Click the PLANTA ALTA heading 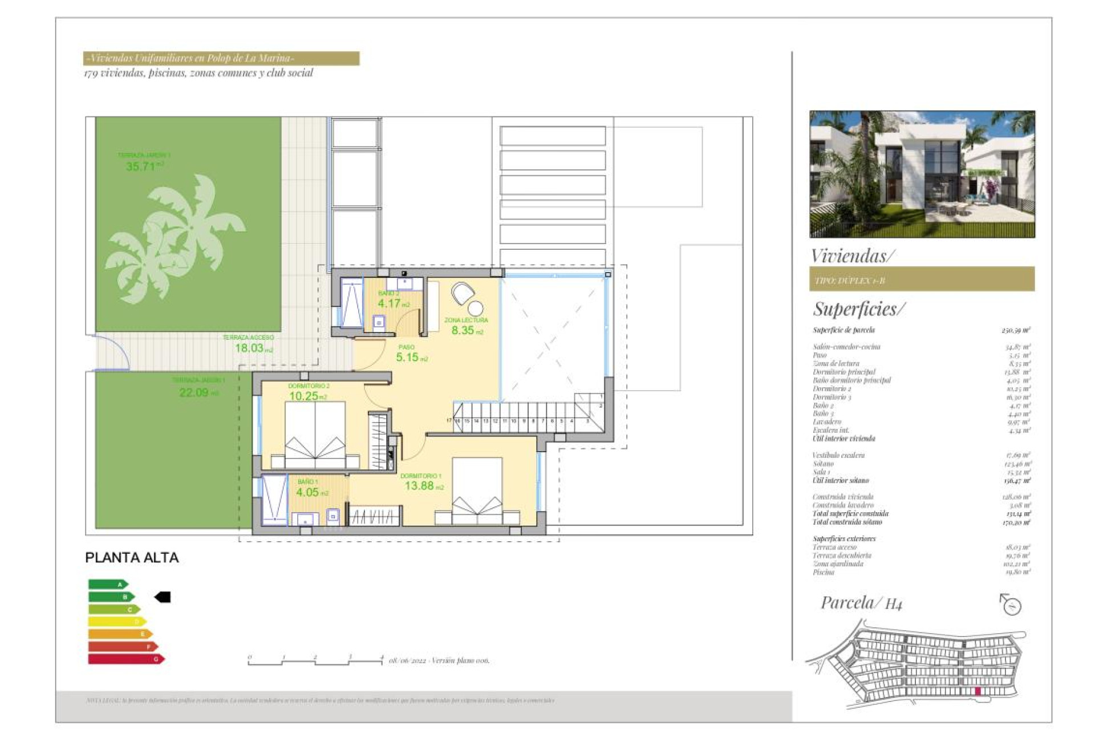coord(132,558)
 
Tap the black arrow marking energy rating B coord(163,597)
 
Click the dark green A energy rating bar coord(108,584)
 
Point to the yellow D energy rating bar coord(117,622)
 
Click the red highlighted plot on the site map coord(978,691)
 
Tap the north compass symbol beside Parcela coord(1011,605)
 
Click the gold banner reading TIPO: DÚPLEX coord(922,279)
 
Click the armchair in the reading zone coord(463,294)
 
